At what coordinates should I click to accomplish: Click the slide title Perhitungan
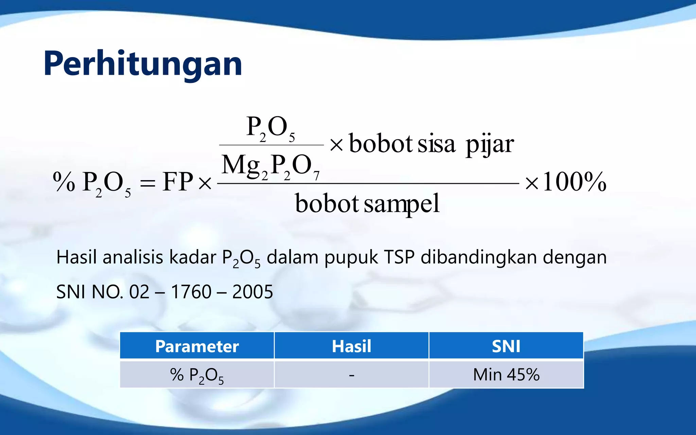143,64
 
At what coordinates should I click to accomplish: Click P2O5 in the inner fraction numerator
271,127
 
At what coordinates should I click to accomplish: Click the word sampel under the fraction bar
402,204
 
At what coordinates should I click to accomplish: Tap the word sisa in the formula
436,144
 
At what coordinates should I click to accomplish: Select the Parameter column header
197,346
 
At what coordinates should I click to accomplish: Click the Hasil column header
351,346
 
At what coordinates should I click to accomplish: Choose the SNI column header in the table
506,346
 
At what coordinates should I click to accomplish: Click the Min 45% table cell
506,375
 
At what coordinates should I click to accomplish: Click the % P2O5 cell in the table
197,375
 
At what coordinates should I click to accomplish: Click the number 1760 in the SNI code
191,292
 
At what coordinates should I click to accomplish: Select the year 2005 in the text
253,292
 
